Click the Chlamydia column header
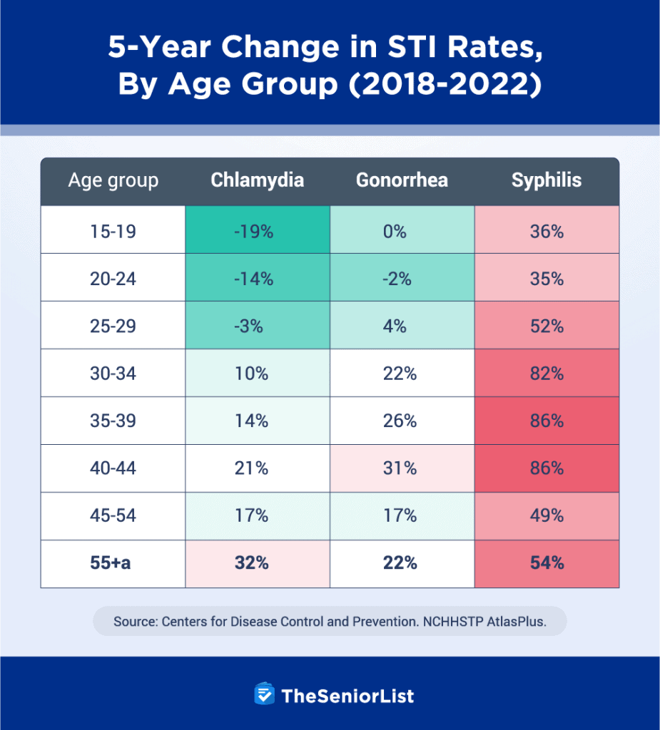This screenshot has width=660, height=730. [x=257, y=180]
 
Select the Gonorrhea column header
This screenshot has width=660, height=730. [x=402, y=180]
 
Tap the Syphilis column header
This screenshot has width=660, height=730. [x=547, y=180]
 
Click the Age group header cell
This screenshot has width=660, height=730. [x=113, y=180]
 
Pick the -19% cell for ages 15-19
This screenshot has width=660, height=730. [x=257, y=231]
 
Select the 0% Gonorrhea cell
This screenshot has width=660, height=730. [x=402, y=231]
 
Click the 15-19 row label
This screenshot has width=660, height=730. [x=113, y=231]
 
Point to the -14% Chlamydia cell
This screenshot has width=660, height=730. [x=257, y=279]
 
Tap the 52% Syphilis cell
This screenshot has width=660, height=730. [x=547, y=326]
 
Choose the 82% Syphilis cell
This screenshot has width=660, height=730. [x=547, y=374]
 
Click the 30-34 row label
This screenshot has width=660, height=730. [x=113, y=374]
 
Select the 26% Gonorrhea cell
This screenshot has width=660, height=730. [x=402, y=421]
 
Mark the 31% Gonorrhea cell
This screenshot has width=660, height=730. [x=402, y=468]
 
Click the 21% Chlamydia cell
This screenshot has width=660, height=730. [x=257, y=468]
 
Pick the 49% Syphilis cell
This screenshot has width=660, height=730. [x=547, y=515]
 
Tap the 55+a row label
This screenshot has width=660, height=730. [x=113, y=563]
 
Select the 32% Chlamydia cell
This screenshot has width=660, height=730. [x=257, y=563]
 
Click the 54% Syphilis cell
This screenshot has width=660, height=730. [x=547, y=563]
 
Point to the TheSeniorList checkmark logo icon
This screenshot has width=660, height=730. [x=265, y=694]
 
